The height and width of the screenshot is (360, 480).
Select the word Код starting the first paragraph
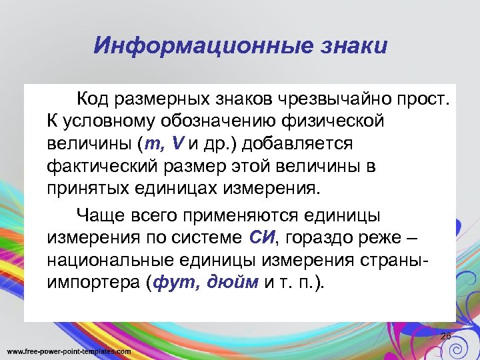(93, 100)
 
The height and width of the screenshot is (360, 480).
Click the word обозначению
(213, 121)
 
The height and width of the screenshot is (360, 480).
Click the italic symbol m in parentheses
(155, 143)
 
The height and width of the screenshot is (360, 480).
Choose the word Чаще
(95, 215)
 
